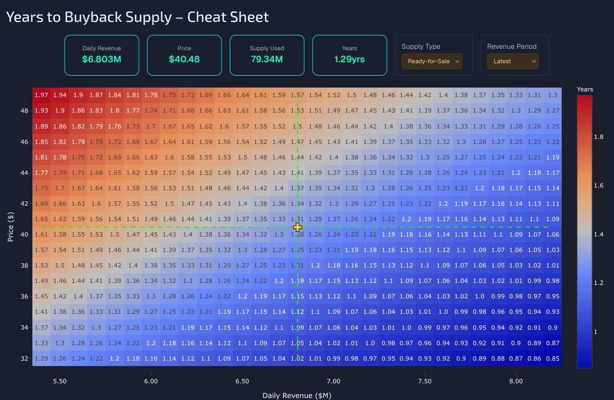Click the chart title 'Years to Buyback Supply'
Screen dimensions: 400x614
[137, 17]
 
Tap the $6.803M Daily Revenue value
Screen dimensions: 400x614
[101, 59]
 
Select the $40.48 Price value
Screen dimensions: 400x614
[184, 59]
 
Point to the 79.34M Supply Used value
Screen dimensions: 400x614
[267, 59]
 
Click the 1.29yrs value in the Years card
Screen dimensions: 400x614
[349, 59]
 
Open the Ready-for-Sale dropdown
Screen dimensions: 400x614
[432, 61]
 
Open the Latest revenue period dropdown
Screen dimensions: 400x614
[513, 61]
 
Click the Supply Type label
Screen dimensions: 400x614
[421, 47]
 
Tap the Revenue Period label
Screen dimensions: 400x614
[512, 47]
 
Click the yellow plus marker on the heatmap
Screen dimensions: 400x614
[298, 227]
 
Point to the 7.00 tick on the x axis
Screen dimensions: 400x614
[333, 382]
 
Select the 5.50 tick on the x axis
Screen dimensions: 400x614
[59, 382]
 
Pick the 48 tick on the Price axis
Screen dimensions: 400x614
[24, 110]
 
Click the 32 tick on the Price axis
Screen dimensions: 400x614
[24, 359]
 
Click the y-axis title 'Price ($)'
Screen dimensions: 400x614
[11, 227]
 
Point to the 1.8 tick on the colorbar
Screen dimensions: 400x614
[599, 137]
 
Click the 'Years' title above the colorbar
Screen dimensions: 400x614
[585, 90]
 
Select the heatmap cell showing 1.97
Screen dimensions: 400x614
[41, 95]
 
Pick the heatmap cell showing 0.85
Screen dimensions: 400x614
[553, 359]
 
